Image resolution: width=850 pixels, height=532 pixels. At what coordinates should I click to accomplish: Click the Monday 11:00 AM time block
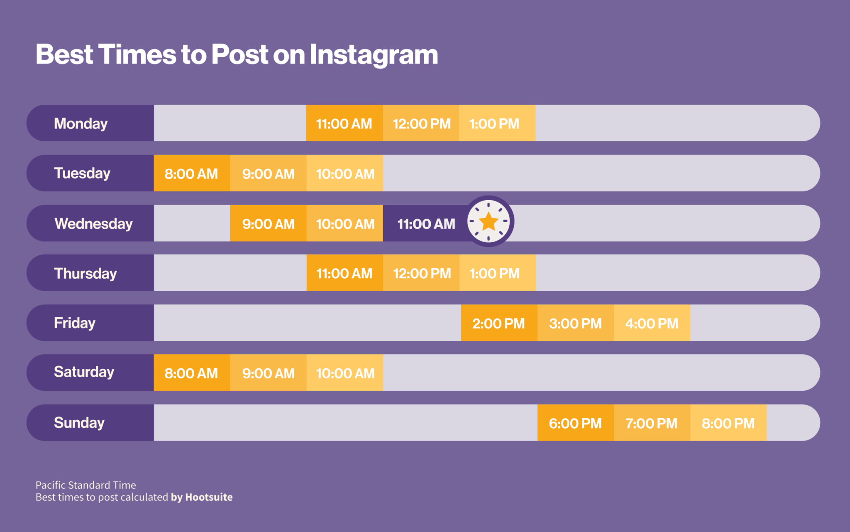[344, 123]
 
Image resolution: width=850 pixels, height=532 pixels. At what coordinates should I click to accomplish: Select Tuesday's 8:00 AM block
[191, 173]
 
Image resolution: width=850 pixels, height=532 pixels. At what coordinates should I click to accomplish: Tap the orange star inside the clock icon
[489, 222]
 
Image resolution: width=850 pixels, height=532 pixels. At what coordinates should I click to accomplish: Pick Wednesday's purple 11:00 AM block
[426, 224]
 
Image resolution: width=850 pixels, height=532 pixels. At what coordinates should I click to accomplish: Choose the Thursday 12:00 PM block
[421, 273]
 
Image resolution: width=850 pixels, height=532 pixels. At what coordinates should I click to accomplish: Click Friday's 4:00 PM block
[652, 323]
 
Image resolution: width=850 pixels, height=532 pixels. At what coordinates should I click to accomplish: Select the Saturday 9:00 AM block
[268, 373]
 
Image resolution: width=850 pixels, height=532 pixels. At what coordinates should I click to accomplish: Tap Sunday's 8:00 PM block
[728, 423]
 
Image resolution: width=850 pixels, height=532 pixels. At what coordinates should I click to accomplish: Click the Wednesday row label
[93, 223]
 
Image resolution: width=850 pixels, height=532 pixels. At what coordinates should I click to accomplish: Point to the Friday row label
[75, 323]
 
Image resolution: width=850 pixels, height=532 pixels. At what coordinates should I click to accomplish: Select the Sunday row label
[79, 422]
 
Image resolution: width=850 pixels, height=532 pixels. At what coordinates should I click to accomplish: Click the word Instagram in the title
[374, 54]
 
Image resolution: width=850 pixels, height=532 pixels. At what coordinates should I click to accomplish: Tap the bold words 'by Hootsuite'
[202, 497]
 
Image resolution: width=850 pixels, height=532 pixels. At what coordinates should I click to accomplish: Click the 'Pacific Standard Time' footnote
[85, 485]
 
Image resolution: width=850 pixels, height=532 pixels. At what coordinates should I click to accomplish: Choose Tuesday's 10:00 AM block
[345, 173]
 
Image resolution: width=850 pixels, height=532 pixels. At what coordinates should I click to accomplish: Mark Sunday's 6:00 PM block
[575, 423]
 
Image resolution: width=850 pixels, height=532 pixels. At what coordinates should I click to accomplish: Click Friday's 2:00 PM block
[499, 323]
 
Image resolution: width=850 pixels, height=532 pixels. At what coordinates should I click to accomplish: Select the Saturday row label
[84, 372]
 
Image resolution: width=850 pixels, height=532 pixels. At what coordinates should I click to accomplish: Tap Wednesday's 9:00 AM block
[268, 224]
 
